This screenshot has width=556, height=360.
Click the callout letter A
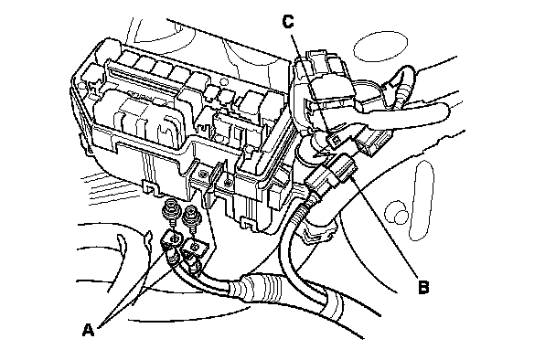coord(88,330)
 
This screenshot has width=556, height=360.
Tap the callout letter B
coord(423,287)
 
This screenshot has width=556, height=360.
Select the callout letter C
coord(288,22)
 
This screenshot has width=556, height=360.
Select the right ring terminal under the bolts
coord(194,252)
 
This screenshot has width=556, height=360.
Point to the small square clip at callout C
coord(335,141)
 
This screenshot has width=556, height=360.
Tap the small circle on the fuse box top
coord(223,81)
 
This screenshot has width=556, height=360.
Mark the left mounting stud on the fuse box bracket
coord(203,174)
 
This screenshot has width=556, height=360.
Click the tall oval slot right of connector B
coord(421,201)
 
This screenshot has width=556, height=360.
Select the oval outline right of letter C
coord(380,46)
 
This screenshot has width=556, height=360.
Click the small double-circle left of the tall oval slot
coord(398,213)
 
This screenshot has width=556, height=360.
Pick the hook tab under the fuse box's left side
coord(152,187)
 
